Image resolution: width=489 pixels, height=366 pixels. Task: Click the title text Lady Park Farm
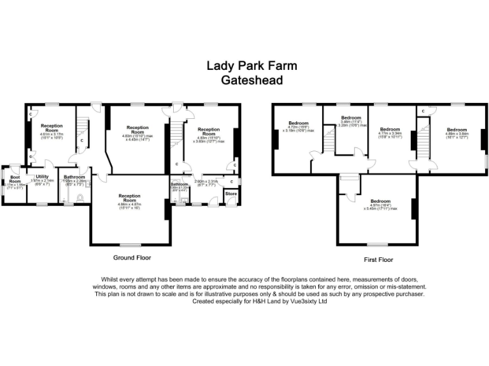pos(252,65)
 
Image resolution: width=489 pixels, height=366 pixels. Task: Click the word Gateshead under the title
pos(252,80)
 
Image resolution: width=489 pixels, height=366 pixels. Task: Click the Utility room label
pos(42,177)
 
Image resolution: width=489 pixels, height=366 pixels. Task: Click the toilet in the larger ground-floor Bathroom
pos(80,198)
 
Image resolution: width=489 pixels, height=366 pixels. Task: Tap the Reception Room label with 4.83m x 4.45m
pos(138,130)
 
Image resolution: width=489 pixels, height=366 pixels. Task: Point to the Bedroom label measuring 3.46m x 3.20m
pos(351,120)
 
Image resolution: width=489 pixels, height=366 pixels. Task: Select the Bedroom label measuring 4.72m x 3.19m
pos(298,125)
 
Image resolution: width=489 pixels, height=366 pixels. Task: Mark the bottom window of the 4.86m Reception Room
pos(131,245)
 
